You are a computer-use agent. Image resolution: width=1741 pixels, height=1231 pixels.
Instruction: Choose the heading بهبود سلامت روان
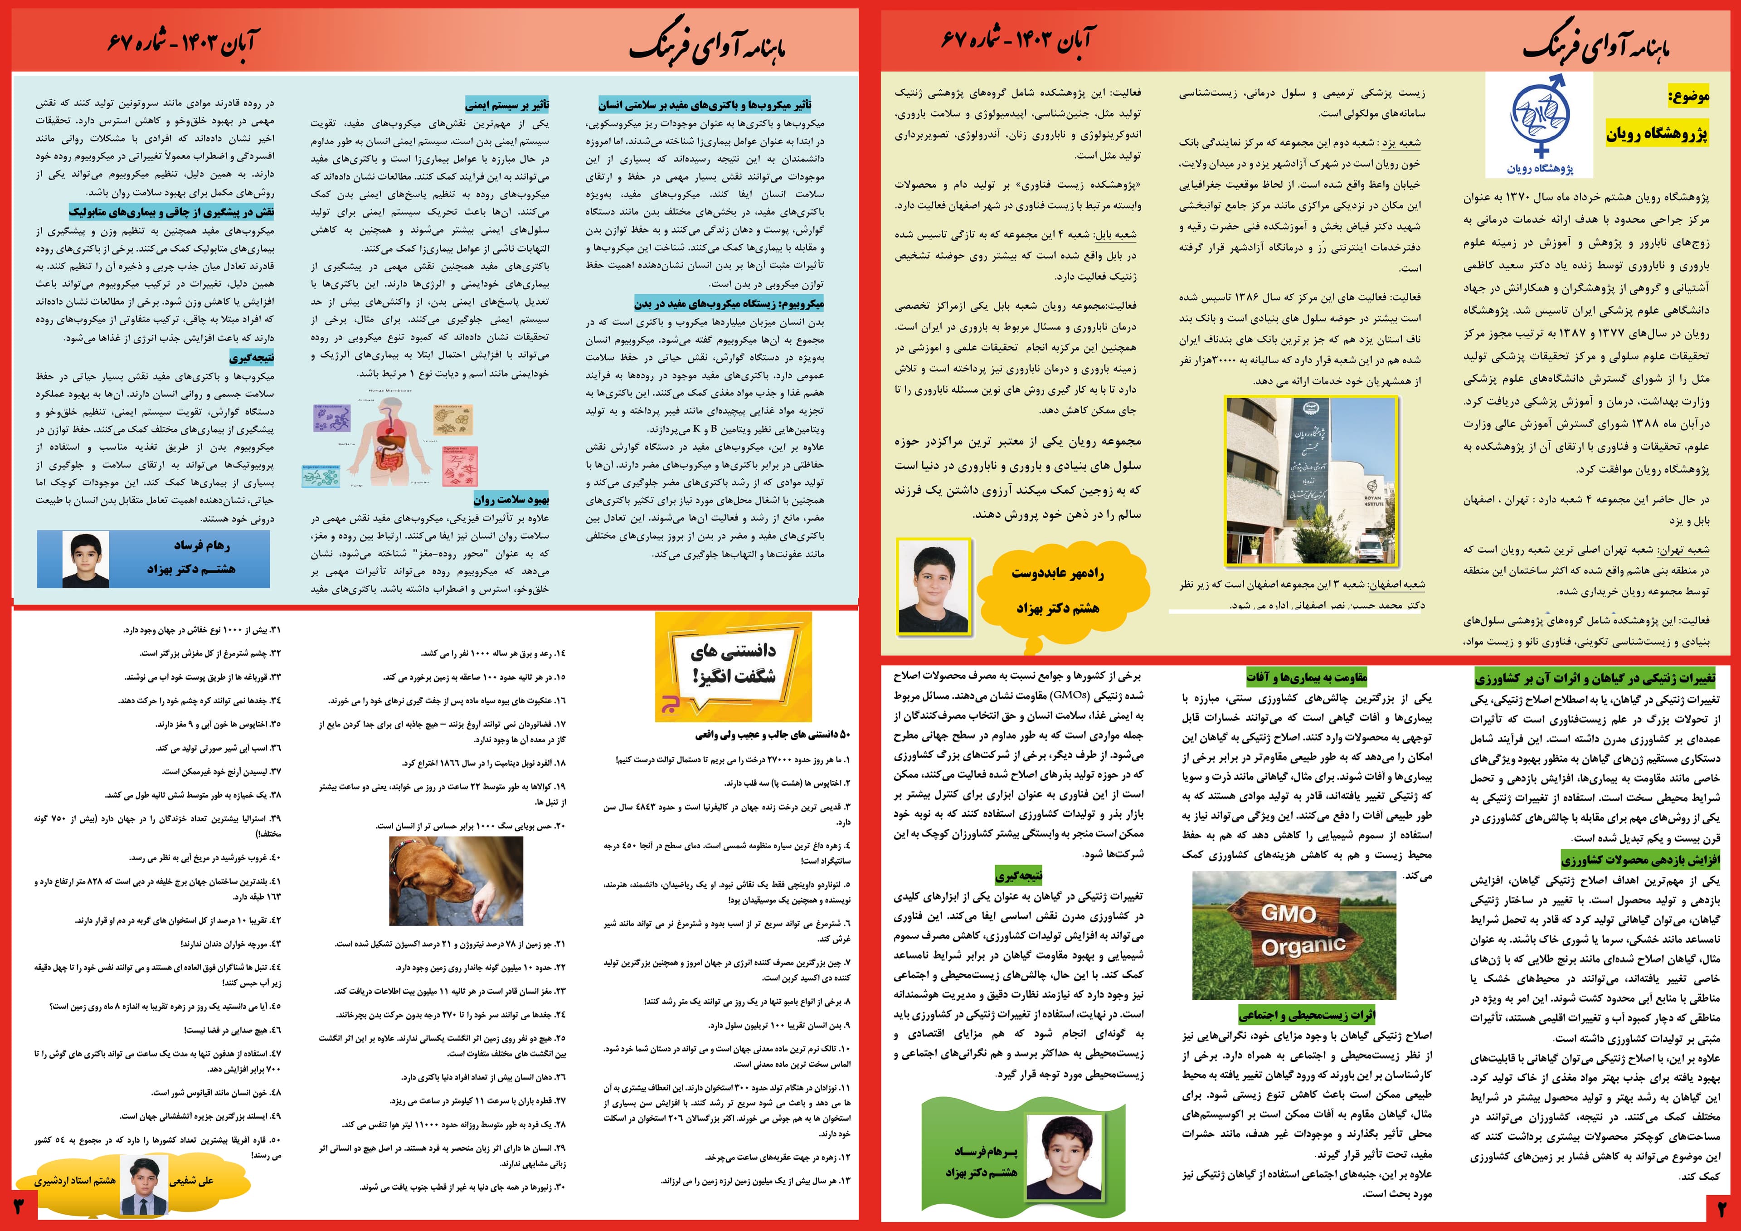click(511, 500)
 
